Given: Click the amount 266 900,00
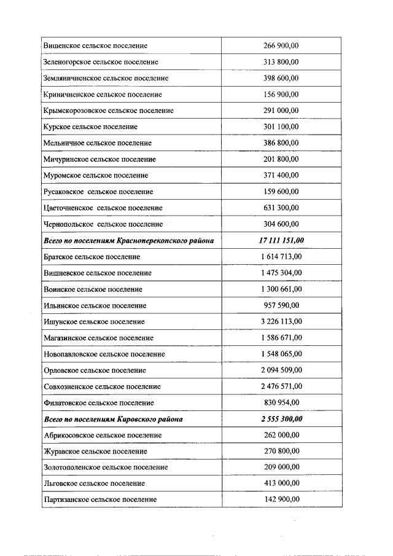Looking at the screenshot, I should [281, 46].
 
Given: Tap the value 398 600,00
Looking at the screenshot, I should [281, 79].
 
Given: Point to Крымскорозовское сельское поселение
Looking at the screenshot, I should [109, 111].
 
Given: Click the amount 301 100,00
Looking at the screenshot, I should [281, 127].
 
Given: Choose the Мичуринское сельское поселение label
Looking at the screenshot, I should [100, 159].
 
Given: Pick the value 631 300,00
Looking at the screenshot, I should [281, 208].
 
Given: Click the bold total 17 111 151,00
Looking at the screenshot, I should [281, 240].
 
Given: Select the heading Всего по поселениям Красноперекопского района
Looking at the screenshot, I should [129, 240].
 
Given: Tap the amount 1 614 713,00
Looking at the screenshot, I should [281, 256].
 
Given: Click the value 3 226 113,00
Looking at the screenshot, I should [281, 321].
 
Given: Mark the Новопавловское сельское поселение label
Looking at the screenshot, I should [104, 354].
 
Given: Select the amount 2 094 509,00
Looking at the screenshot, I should [281, 370].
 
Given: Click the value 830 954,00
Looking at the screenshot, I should [281, 402].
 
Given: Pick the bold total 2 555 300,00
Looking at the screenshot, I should [281, 419].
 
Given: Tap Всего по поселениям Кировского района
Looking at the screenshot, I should [114, 419].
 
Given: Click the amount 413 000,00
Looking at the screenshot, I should [281, 484].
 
